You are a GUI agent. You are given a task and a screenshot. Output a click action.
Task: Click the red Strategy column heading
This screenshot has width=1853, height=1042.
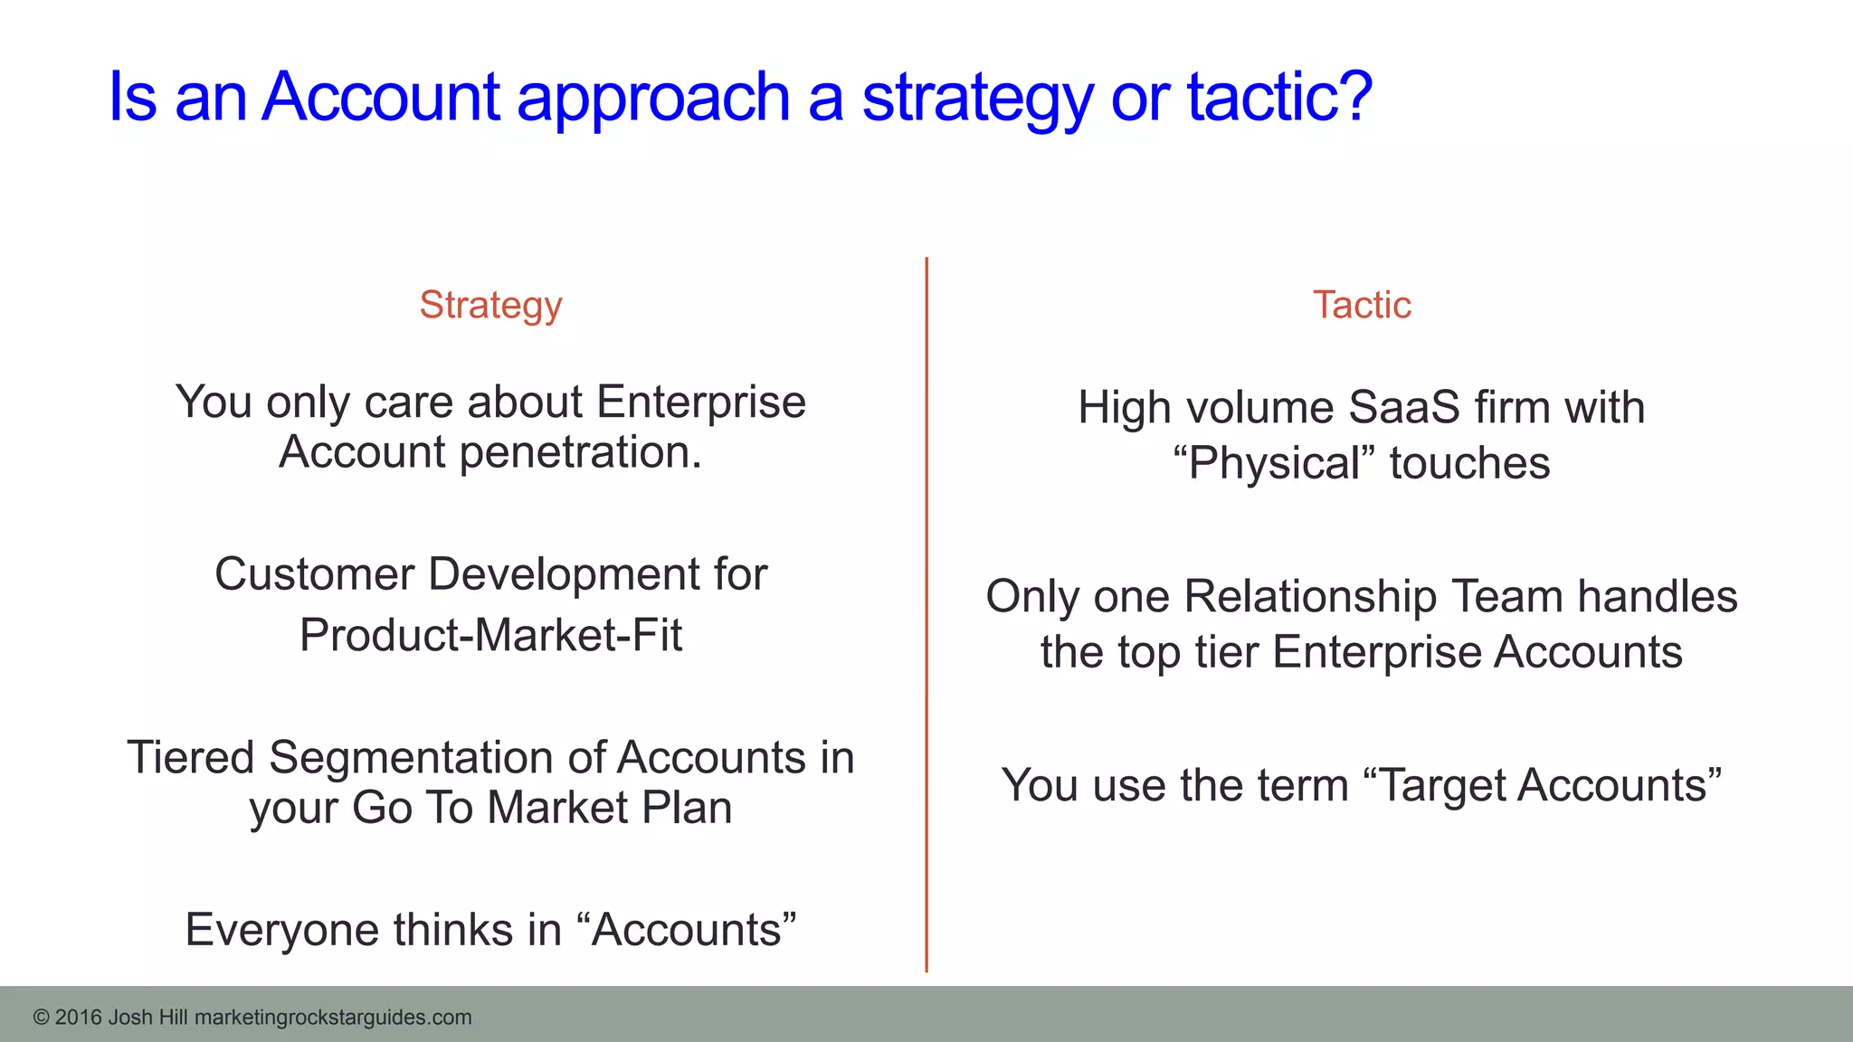point(490,306)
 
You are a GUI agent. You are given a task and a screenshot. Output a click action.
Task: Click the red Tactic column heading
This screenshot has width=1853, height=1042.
point(1362,305)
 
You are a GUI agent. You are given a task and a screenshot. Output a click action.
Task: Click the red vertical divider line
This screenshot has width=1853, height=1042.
point(926,615)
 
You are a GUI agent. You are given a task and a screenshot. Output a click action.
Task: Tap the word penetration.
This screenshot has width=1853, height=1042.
point(580,452)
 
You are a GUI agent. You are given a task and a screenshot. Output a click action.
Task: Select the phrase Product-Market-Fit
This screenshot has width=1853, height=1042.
point(490,635)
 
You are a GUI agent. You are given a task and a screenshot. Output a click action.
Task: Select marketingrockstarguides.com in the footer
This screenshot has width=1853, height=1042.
point(333,1018)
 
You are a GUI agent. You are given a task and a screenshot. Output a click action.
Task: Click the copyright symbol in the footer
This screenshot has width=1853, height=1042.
point(41,1018)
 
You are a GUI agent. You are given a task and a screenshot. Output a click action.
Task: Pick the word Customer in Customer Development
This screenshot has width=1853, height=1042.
point(314,574)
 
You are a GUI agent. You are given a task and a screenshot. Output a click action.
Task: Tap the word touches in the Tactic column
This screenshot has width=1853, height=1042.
point(1469,463)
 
